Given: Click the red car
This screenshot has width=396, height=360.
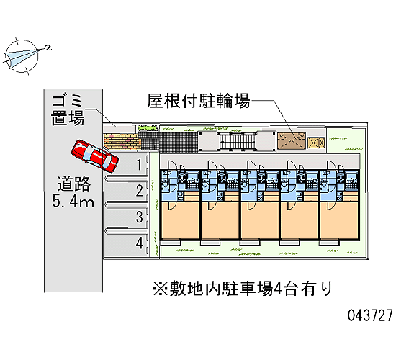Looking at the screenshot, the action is pos(95,156).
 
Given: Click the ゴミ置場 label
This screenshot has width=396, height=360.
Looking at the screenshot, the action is pos(68,110).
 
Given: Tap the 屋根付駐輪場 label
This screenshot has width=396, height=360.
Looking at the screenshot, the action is pos(199,101).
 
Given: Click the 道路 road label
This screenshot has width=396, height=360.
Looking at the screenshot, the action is pos(73,184).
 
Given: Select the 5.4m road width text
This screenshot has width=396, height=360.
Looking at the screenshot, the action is pos(73,202).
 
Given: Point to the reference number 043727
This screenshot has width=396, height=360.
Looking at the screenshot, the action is pos(370,315).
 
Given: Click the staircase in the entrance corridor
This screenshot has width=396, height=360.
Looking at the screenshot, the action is pos(237,141).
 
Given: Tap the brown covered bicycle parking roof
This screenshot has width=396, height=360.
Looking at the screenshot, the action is pos(292,140).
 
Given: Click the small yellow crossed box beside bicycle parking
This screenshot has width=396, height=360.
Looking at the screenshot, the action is pos(316,143).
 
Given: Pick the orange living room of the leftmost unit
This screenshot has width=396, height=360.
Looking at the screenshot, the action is pos(180,220).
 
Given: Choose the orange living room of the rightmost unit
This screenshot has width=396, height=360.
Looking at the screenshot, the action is pos(339,220).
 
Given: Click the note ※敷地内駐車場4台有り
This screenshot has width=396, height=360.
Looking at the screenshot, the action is pos(242,289).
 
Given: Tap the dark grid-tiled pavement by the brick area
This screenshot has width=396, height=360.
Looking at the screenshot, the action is pos(168,141).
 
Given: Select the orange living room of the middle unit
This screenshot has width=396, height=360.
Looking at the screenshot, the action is pos(260,220).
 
